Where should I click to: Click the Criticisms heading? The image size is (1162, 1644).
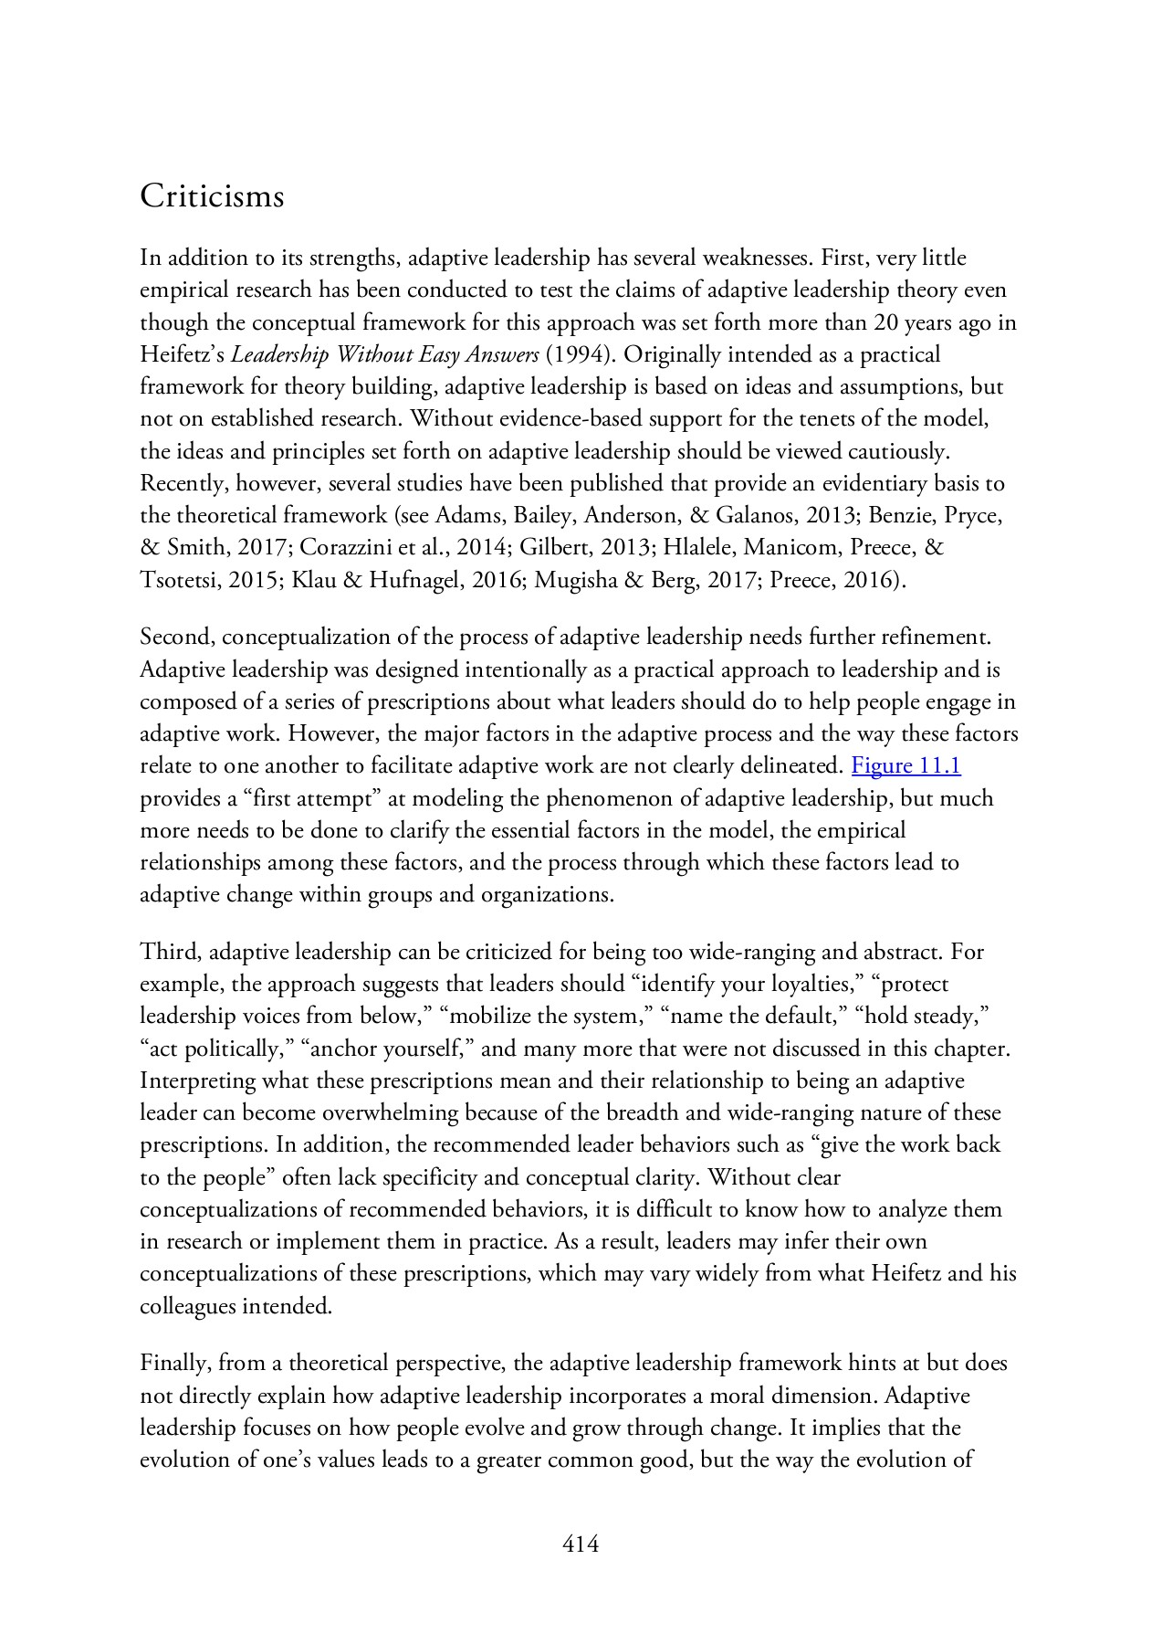(212, 196)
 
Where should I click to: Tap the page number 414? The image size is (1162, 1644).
(581, 1544)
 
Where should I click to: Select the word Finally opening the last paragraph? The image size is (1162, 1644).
(173, 1364)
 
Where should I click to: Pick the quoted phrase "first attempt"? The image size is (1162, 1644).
(311, 798)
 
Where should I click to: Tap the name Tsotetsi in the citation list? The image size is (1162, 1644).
(178, 579)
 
